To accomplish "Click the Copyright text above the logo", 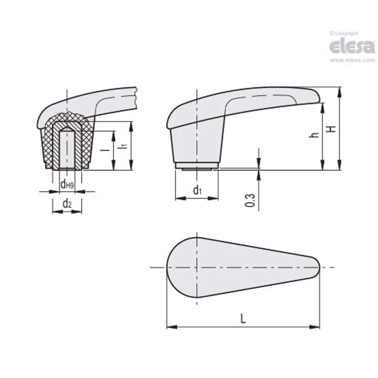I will point(344,33).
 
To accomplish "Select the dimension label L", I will point(243,319).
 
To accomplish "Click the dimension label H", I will point(333,129).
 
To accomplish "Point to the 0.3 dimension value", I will point(250,200).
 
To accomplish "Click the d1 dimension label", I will point(197,190).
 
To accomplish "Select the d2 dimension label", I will point(67,204).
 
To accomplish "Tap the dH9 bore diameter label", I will point(67,185).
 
